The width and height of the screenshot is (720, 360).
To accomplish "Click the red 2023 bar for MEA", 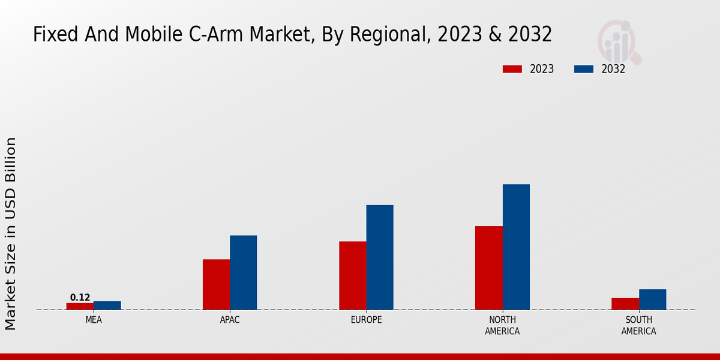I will coord(80,306).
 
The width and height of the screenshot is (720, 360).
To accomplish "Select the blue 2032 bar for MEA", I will coord(107,305).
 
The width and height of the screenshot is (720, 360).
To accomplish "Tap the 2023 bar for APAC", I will coord(216,284).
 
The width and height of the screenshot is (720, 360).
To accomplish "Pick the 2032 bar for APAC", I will coord(243,272).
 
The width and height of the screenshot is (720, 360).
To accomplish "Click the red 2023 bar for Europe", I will coord(352,275).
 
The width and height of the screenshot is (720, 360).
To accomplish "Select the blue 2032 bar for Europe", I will coord(380,257).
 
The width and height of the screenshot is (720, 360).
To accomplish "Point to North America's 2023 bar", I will coord(489,268).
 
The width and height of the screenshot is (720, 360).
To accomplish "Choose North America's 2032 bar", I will coord(516,247).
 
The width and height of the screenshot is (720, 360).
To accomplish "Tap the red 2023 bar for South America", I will coord(625,304).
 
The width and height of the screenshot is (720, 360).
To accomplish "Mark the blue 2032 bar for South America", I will coord(652,299).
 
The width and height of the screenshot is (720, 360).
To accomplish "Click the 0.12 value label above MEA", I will coord(80,298).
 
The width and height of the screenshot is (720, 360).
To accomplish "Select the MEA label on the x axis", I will coord(94,320).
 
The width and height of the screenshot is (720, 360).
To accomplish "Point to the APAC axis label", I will coord(230,320).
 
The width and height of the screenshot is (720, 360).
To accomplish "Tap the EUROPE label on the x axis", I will coord(366,320).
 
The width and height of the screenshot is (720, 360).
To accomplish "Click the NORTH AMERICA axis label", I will coord(503,326).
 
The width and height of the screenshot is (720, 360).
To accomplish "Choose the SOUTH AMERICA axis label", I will coord(638,326).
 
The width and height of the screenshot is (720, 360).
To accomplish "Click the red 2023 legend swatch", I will coord(512,69).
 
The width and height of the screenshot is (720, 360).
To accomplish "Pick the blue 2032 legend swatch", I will coord(584,69).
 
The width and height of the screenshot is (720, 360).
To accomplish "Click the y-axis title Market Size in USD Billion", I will coord(11,233).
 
